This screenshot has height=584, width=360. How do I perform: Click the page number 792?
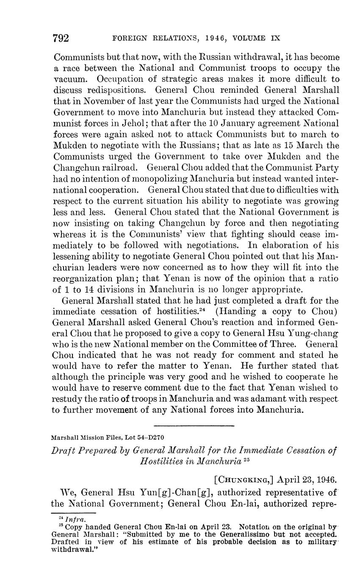[x=61, y=39]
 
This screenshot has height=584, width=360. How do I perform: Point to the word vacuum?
[x=71, y=79]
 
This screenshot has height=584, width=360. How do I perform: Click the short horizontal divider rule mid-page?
[x=194, y=425]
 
